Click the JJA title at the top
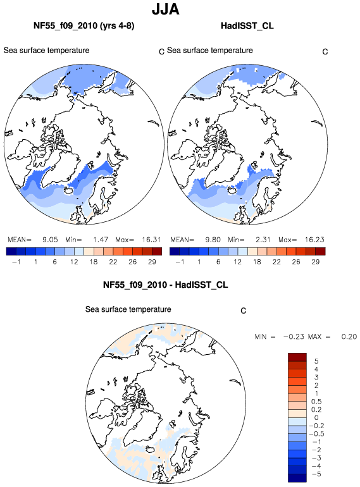point(166,9)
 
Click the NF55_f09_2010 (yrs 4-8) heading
point(84,25)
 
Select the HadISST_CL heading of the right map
point(247,25)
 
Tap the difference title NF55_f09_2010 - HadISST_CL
point(166,285)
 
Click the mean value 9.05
point(50,240)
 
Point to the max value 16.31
point(151,240)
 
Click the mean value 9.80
point(213,240)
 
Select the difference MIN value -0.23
point(294,336)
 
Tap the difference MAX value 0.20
point(349,336)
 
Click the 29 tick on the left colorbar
point(152,262)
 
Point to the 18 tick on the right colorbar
point(257,262)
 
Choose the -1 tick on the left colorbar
point(16,262)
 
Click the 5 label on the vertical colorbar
point(316,361)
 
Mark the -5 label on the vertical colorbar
point(316,474)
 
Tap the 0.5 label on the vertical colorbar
point(316,402)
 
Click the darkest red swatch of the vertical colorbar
point(297,357)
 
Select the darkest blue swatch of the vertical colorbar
point(297,478)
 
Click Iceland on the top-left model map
point(68,190)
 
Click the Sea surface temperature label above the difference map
point(128,309)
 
